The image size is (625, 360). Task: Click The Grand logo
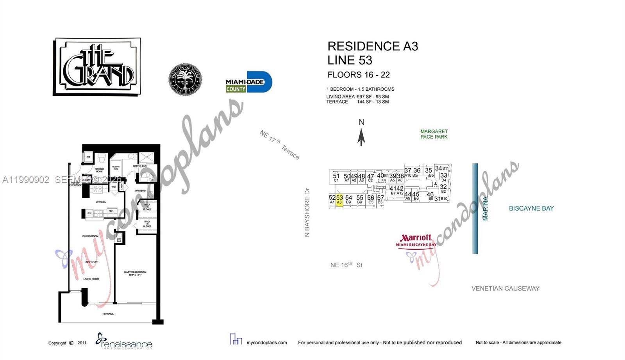pyautogui.click(x=97, y=66)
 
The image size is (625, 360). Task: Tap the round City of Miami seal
pyautogui.click(x=185, y=79)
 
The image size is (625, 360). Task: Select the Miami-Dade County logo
pyautogui.click(x=248, y=82)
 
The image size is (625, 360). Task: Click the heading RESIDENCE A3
pyautogui.click(x=373, y=47)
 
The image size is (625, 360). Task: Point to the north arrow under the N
pyautogui.click(x=361, y=137)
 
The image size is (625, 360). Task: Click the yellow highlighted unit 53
pyautogui.click(x=339, y=200)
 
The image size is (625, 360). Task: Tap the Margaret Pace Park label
pyautogui.click(x=434, y=134)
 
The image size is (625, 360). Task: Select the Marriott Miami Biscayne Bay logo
pyautogui.click(x=416, y=240)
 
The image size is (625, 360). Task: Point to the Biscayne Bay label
pyautogui.click(x=531, y=208)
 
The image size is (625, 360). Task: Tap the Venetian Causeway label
pyautogui.click(x=505, y=288)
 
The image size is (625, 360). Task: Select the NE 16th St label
pyautogui.click(x=346, y=265)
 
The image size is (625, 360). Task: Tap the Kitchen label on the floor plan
pyautogui.click(x=101, y=202)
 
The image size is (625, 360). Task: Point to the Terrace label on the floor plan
pyautogui.click(x=108, y=313)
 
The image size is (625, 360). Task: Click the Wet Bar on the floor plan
pyautogui.click(x=119, y=240)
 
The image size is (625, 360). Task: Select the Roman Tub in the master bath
pyautogui.click(x=116, y=168)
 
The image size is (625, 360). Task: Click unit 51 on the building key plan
pyautogui.click(x=336, y=177)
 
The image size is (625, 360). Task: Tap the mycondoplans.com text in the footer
pyautogui.click(x=267, y=343)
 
